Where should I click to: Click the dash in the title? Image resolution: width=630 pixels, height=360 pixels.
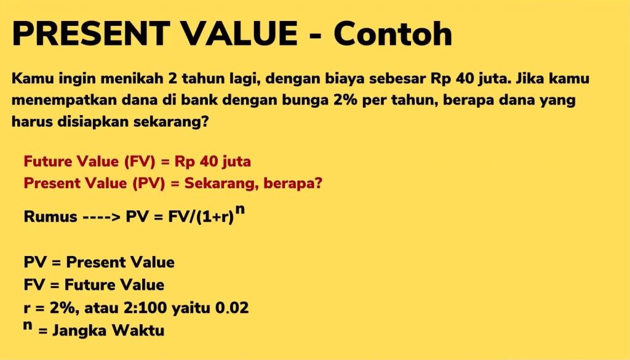coord(313,36)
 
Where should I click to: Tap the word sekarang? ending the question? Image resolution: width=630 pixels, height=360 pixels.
coord(174,121)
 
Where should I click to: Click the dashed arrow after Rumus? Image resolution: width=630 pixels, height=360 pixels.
coord(101,217)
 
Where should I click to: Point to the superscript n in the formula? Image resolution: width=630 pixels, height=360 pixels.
coord(241,209)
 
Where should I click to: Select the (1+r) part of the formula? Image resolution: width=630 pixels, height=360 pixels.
coord(215,217)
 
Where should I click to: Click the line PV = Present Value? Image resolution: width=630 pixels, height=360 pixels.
coord(99,262)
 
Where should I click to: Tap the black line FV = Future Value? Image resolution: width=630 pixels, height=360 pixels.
coord(94,285)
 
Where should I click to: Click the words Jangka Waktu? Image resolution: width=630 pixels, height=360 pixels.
coord(108,330)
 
